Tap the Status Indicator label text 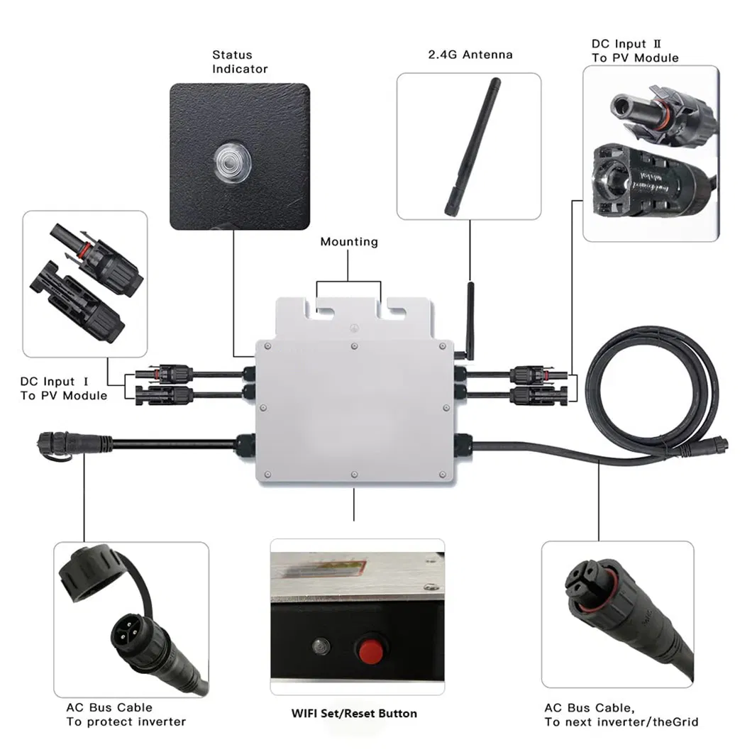(240, 62)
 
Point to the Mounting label (348, 242)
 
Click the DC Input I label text (63, 389)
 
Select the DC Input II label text (635, 51)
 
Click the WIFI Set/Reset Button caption (354, 713)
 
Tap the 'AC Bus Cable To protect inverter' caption (126, 714)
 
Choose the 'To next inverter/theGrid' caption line (621, 722)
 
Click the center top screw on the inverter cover (354, 346)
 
